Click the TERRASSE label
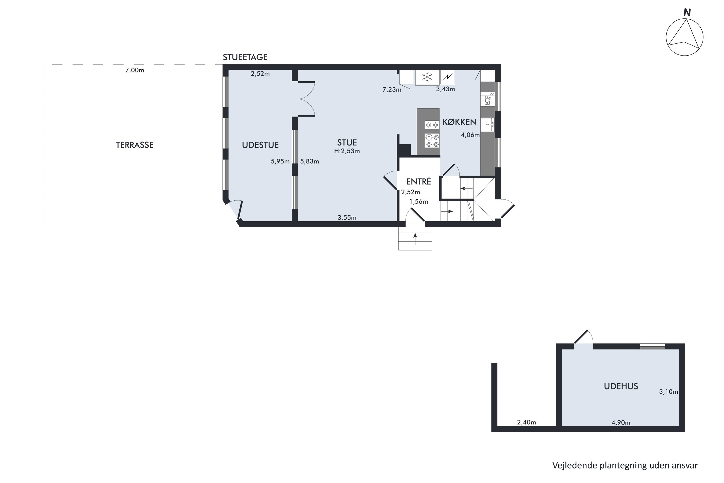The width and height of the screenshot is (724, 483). pos(134,145)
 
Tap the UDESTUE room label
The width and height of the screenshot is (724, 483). pos(260,145)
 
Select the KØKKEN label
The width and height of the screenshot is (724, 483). pos(459,122)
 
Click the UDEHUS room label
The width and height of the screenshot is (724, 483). pos(621,386)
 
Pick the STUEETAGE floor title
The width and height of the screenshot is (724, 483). pos(245,57)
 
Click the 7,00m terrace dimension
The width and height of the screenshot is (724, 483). pos(134,70)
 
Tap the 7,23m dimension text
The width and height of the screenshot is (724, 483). pos(392,90)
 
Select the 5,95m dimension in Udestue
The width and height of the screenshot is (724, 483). pos(280,161)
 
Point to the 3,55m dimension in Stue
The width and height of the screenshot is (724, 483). pos(347,218)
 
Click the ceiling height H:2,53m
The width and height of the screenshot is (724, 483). pos(347,151)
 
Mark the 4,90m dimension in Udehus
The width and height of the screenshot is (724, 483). pos(621,423)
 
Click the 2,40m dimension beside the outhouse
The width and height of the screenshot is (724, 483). pos(526,422)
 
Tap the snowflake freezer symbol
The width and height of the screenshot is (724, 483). pos(427,77)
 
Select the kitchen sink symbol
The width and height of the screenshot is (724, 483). pos(488,124)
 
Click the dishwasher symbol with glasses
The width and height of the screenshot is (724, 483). pos(487,100)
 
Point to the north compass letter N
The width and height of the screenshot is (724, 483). pos(687,13)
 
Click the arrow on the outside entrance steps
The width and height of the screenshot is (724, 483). pos(415,239)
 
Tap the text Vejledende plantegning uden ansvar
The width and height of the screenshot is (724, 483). pos(625,465)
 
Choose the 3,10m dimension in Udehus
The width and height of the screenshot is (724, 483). pos(668,392)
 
